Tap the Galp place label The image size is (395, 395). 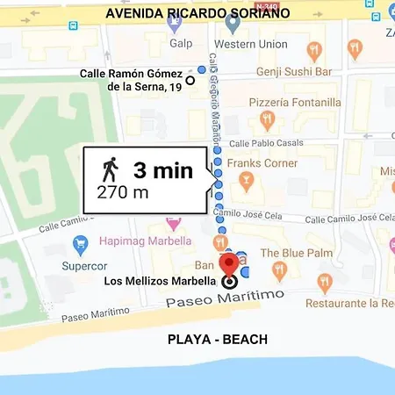(181, 44)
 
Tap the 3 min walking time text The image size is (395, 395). (162, 169)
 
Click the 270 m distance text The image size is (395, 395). (122, 192)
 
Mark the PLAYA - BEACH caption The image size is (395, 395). (218, 339)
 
